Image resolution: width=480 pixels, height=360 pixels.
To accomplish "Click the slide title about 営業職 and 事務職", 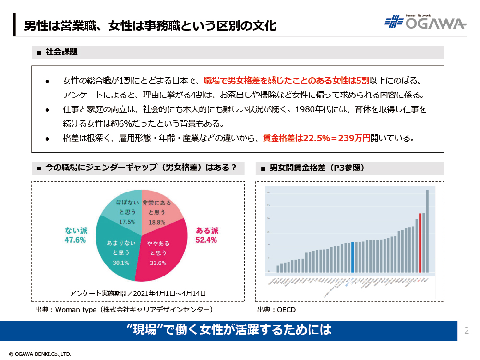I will (x=150, y=25).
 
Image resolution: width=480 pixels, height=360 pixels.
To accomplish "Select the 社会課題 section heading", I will (x=61, y=52).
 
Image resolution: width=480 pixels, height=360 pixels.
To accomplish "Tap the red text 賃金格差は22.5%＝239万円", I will (x=317, y=138).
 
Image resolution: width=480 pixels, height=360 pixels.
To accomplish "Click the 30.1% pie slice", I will (x=118, y=252).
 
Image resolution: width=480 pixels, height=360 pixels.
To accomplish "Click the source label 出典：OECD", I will (x=276, y=310).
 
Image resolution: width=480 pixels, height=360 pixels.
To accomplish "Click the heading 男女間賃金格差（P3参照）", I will (x=317, y=168).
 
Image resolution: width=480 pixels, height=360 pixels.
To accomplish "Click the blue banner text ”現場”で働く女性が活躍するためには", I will (x=229, y=330).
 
